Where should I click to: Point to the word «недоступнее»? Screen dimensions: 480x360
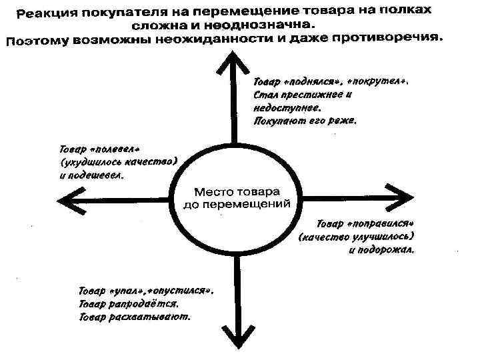click(x=287, y=107)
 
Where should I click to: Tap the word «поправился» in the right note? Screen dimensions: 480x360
click(x=382, y=223)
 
